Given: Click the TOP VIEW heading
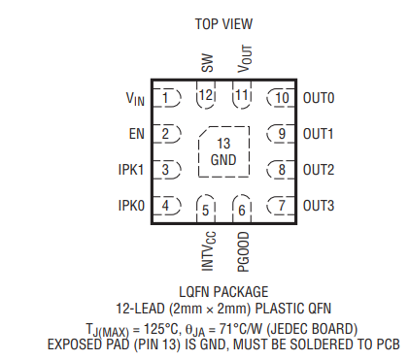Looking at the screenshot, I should coord(223,22).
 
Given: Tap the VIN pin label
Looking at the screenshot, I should coord(134,98).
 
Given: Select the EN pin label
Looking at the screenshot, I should coord(136,134).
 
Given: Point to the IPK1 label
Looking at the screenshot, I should coord(131,170).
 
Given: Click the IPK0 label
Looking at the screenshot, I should coord(131,206).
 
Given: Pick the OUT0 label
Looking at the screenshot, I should coord(319,98).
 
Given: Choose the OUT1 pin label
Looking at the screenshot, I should coord(319,134).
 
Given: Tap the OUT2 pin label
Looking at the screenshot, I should coord(319,170).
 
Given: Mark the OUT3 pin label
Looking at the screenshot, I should coord(319,206).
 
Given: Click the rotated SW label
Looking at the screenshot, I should coord(207,64).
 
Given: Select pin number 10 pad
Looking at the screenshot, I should coord(281,98).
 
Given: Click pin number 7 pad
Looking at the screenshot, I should coord(281,206).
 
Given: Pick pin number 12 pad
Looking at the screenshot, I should coord(206,96).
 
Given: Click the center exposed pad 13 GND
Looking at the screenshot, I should coord(223,152).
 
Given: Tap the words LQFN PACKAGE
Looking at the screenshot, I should coord(223,291).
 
